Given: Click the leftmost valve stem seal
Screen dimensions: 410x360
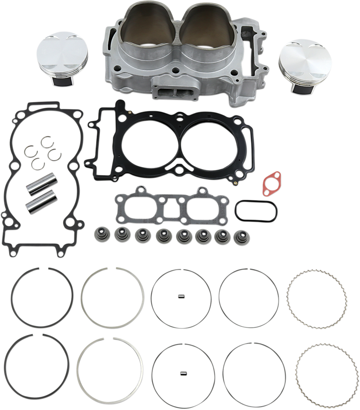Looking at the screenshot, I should point(98,233).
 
